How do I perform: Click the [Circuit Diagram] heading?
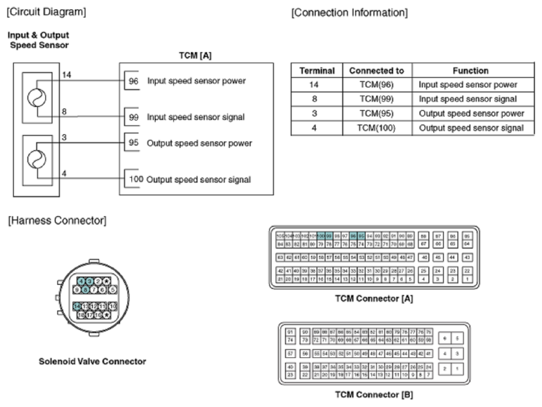pos(46,13)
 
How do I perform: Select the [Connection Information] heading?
pos(349,13)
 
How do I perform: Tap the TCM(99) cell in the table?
pos(376,100)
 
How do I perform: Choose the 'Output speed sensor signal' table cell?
pos(471,128)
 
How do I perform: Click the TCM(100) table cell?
pos(376,128)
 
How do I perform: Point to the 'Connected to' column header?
pos(376,71)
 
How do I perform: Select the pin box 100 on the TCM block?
pos(135,179)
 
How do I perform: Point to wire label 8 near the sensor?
pos(64,111)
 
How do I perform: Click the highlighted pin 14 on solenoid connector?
pos(77,307)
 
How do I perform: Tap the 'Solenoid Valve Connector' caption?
pos(93,361)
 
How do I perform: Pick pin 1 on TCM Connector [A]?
pos(468,279)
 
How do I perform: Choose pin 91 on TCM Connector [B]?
pos(290,331)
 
